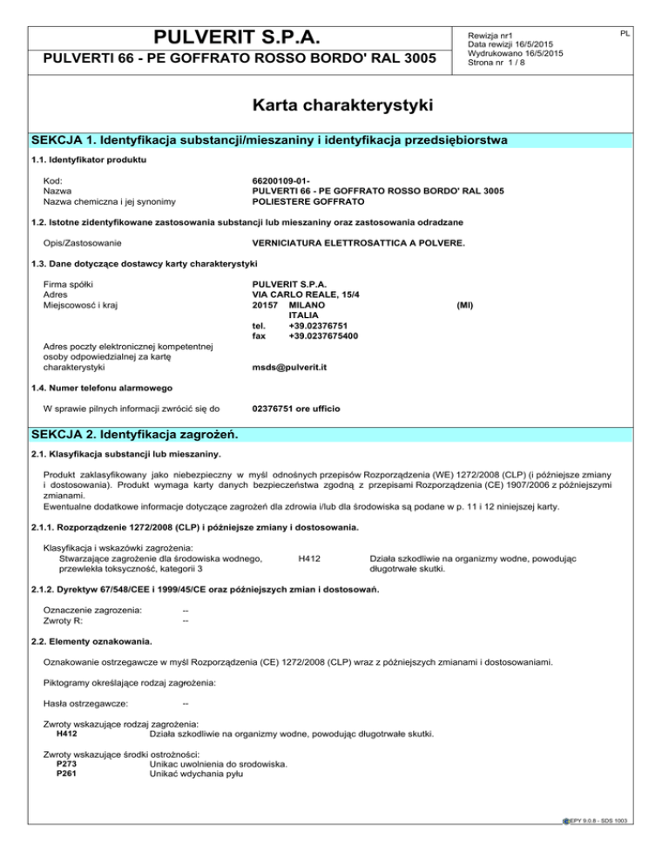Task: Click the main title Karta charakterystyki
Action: click(x=334, y=106)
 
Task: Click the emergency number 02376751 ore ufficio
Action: click(x=295, y=408)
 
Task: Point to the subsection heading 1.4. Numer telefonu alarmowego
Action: click(x=99, y=388)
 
